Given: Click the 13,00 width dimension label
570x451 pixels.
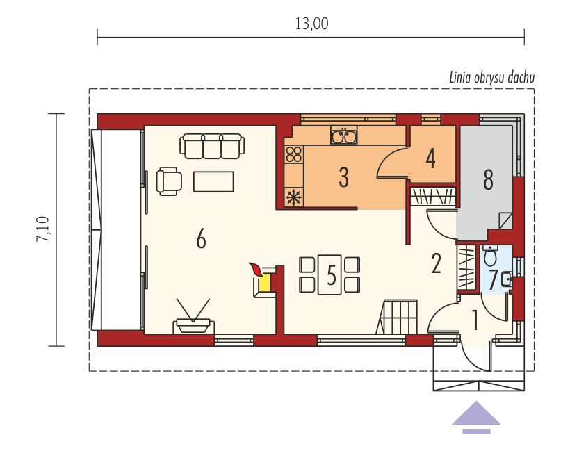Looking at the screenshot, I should (311, 24).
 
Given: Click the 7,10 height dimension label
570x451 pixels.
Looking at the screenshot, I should (43, 229).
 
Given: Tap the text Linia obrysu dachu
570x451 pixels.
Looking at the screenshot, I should (491, 77).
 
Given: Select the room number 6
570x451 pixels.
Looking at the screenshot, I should (201, 239).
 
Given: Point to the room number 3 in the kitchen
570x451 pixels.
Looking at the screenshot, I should (343, 177).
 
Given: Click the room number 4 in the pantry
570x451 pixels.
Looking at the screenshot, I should (431, 158).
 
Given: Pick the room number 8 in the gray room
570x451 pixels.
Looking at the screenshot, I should (488, 180).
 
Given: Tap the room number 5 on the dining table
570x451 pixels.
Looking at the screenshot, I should (331, 276).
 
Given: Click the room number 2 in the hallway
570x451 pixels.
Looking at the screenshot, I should (437, 263).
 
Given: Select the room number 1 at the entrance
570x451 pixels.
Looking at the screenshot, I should (475, 320).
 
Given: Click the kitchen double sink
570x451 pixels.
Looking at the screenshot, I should (343, 136).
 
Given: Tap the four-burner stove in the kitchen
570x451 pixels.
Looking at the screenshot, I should (294, 154).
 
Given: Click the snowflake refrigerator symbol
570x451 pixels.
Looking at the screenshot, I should (294, 197).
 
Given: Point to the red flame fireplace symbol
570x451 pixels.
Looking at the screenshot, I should (257, 269).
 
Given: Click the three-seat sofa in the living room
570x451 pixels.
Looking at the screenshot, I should (212, 145).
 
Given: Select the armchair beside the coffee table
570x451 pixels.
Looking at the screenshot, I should (169, 181).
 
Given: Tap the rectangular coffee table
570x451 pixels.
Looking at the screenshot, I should (213, 181).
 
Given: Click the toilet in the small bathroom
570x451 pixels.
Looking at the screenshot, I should (489, 256).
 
